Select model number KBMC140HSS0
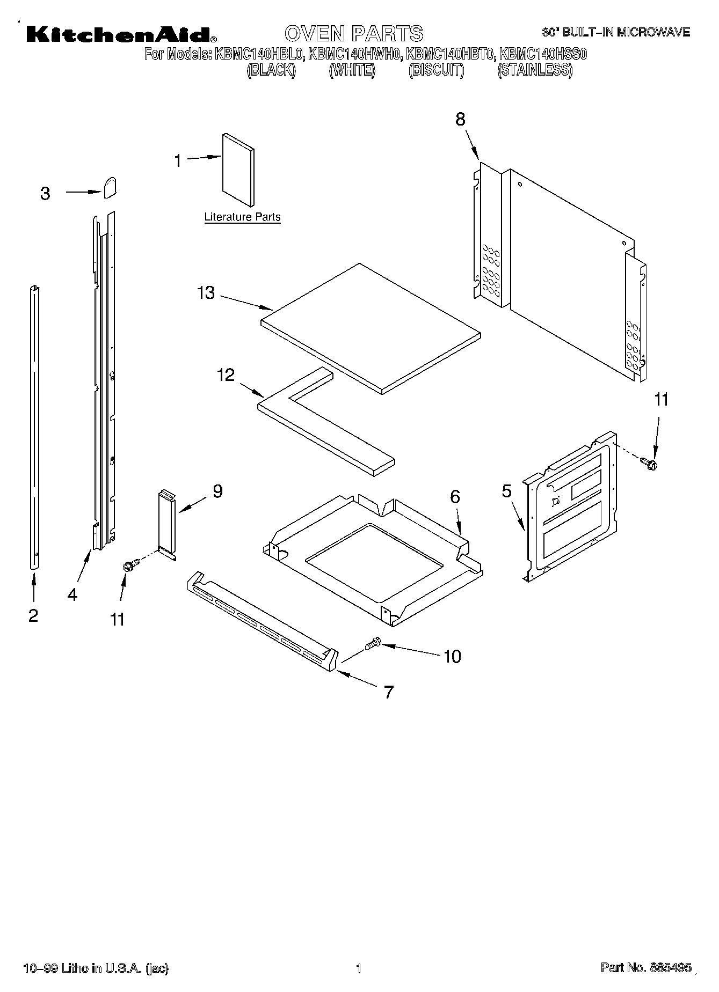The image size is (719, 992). (543, 54)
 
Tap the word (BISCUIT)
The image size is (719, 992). (436, 71)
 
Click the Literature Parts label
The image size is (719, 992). (242, 217)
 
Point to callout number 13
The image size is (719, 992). (206, 293)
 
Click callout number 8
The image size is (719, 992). (460, 119)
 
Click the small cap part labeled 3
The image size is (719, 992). (110, 188)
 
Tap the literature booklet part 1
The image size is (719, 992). (238, 170)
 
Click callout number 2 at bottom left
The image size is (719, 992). (33, 615)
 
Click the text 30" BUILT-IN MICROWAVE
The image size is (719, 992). (615, 33)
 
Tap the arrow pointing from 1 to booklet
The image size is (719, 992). (206, 158)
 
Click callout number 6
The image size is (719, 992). (455, 497)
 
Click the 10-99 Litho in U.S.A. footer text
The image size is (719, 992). (96, 968)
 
